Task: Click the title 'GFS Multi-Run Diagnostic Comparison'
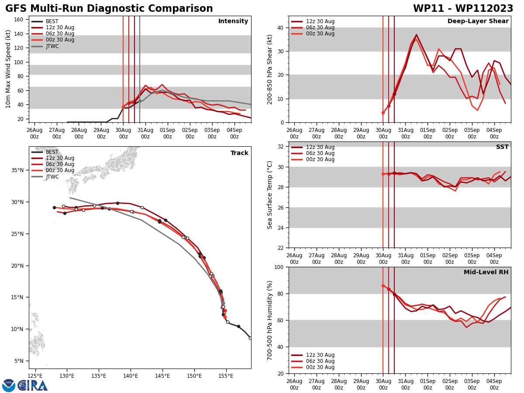pyautogui.click(x=109, y=9)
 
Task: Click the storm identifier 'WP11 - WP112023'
pyautogui.click(x=463, y=9)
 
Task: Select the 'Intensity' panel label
pyautogui.click(x=233, y=21)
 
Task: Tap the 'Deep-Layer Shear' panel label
pyautogui.click(x=478, y=21)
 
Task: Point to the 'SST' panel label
pyautogui.click(x=502, y=147)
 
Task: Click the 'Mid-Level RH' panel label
pyautogui.click(x=486, y=272)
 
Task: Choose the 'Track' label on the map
pyautogui.click(x=239, y=153)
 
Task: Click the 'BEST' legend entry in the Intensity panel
pyautogui.click(x=52, y=21)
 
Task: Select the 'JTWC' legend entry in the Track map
pyautogui.click(x=52, y=176)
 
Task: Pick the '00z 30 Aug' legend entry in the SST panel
pyautogui.click(x=320, y=159)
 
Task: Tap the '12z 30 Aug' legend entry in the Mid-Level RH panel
pyautogui.click(x=320, y=355)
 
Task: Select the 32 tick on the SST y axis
pyautogui.click(x=281, y=147)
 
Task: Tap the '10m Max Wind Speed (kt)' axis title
pyautogui.click(x=8, y=69)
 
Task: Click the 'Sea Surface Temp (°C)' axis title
pyautogui.click(x=270, y=195)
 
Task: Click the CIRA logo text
pyautogui.click(x=33, y=385)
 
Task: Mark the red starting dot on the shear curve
pyautogui.click(x=383, y=113)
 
